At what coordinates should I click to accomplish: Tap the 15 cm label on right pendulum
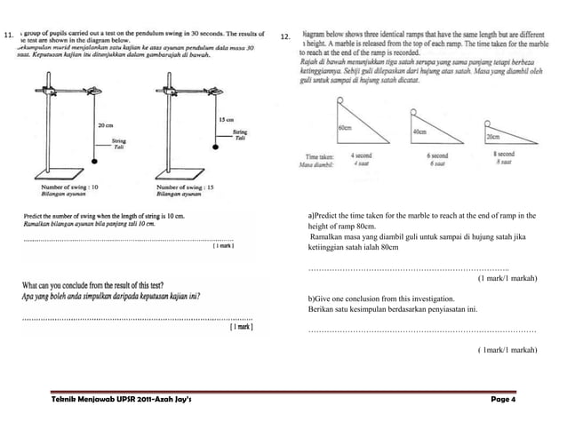(x=225, y=119)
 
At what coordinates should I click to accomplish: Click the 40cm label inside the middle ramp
(x=420, y=131)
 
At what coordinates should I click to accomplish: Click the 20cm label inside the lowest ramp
(x=491, y=138)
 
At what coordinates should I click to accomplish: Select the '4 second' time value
(x=362, y=155)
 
